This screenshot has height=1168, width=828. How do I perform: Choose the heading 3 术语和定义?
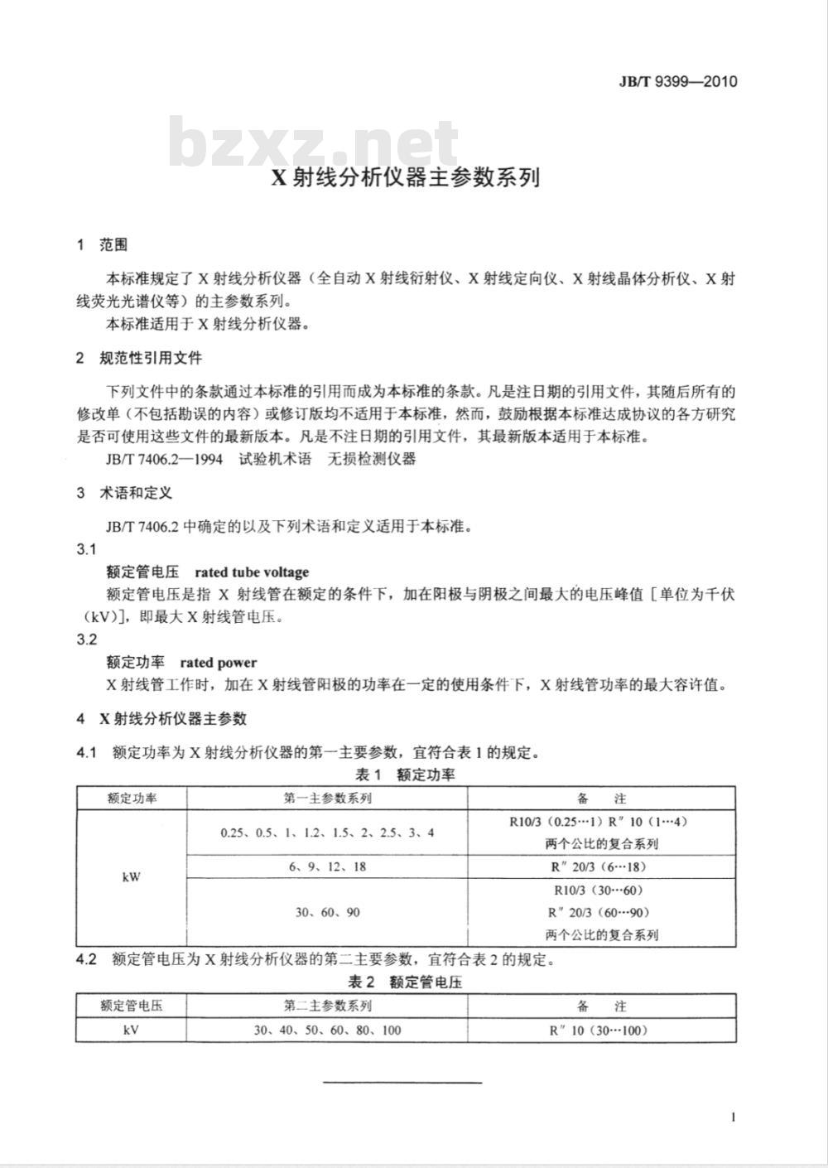124,493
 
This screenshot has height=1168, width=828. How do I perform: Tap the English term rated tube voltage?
252,572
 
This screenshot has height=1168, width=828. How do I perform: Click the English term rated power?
218,662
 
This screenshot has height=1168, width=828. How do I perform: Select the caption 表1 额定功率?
405,775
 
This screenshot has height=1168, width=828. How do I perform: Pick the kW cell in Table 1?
131,876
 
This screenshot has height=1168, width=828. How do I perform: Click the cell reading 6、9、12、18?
327,866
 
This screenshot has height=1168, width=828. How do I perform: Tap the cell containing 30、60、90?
327,912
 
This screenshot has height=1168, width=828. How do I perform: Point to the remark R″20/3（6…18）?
602,866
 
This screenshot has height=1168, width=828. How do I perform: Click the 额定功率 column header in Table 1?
132,799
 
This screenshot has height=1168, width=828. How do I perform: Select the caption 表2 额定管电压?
405,982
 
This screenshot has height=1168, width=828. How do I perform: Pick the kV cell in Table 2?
131,1030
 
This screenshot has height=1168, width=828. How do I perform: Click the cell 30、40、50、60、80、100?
327,1030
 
